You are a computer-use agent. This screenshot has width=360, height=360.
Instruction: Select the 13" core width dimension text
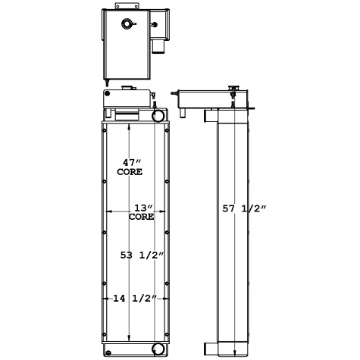coord(140,208)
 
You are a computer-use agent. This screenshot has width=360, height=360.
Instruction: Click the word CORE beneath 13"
coord(141,217)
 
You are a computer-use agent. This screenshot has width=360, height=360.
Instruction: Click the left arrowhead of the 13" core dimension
coord(112,212)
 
